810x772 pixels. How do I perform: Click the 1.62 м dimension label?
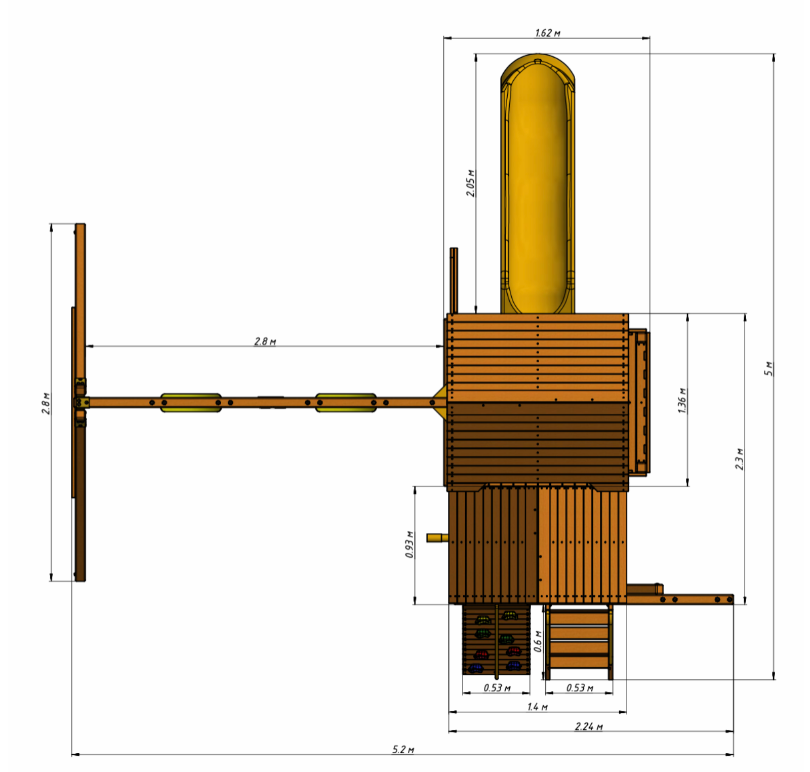click(547, 33)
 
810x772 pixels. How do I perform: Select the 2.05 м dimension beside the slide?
click(470, 183)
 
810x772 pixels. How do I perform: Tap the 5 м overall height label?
click(768, 369)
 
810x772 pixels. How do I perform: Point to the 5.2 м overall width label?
click(403, 749)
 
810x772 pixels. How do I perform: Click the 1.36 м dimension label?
click(682, 400)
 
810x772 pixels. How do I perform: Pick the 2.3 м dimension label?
click(739, 459)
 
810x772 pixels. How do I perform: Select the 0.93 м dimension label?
click(409, 545)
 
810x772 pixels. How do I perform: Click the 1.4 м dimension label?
click(537, 707)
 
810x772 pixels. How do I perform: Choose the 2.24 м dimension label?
click(588, 726)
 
